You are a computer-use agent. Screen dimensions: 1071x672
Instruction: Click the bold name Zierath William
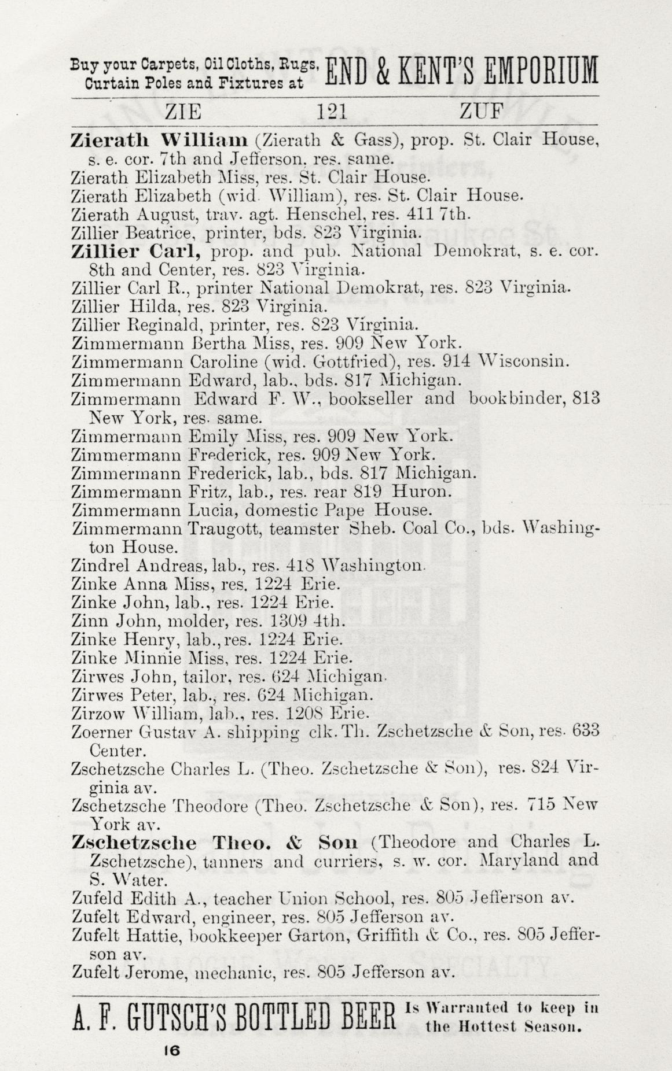click(x=159, y=140)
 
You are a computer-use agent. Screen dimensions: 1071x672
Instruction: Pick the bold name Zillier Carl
click(x=136, y=252)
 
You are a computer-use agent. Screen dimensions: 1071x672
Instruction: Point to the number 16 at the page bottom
click(x=171, y=1051)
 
